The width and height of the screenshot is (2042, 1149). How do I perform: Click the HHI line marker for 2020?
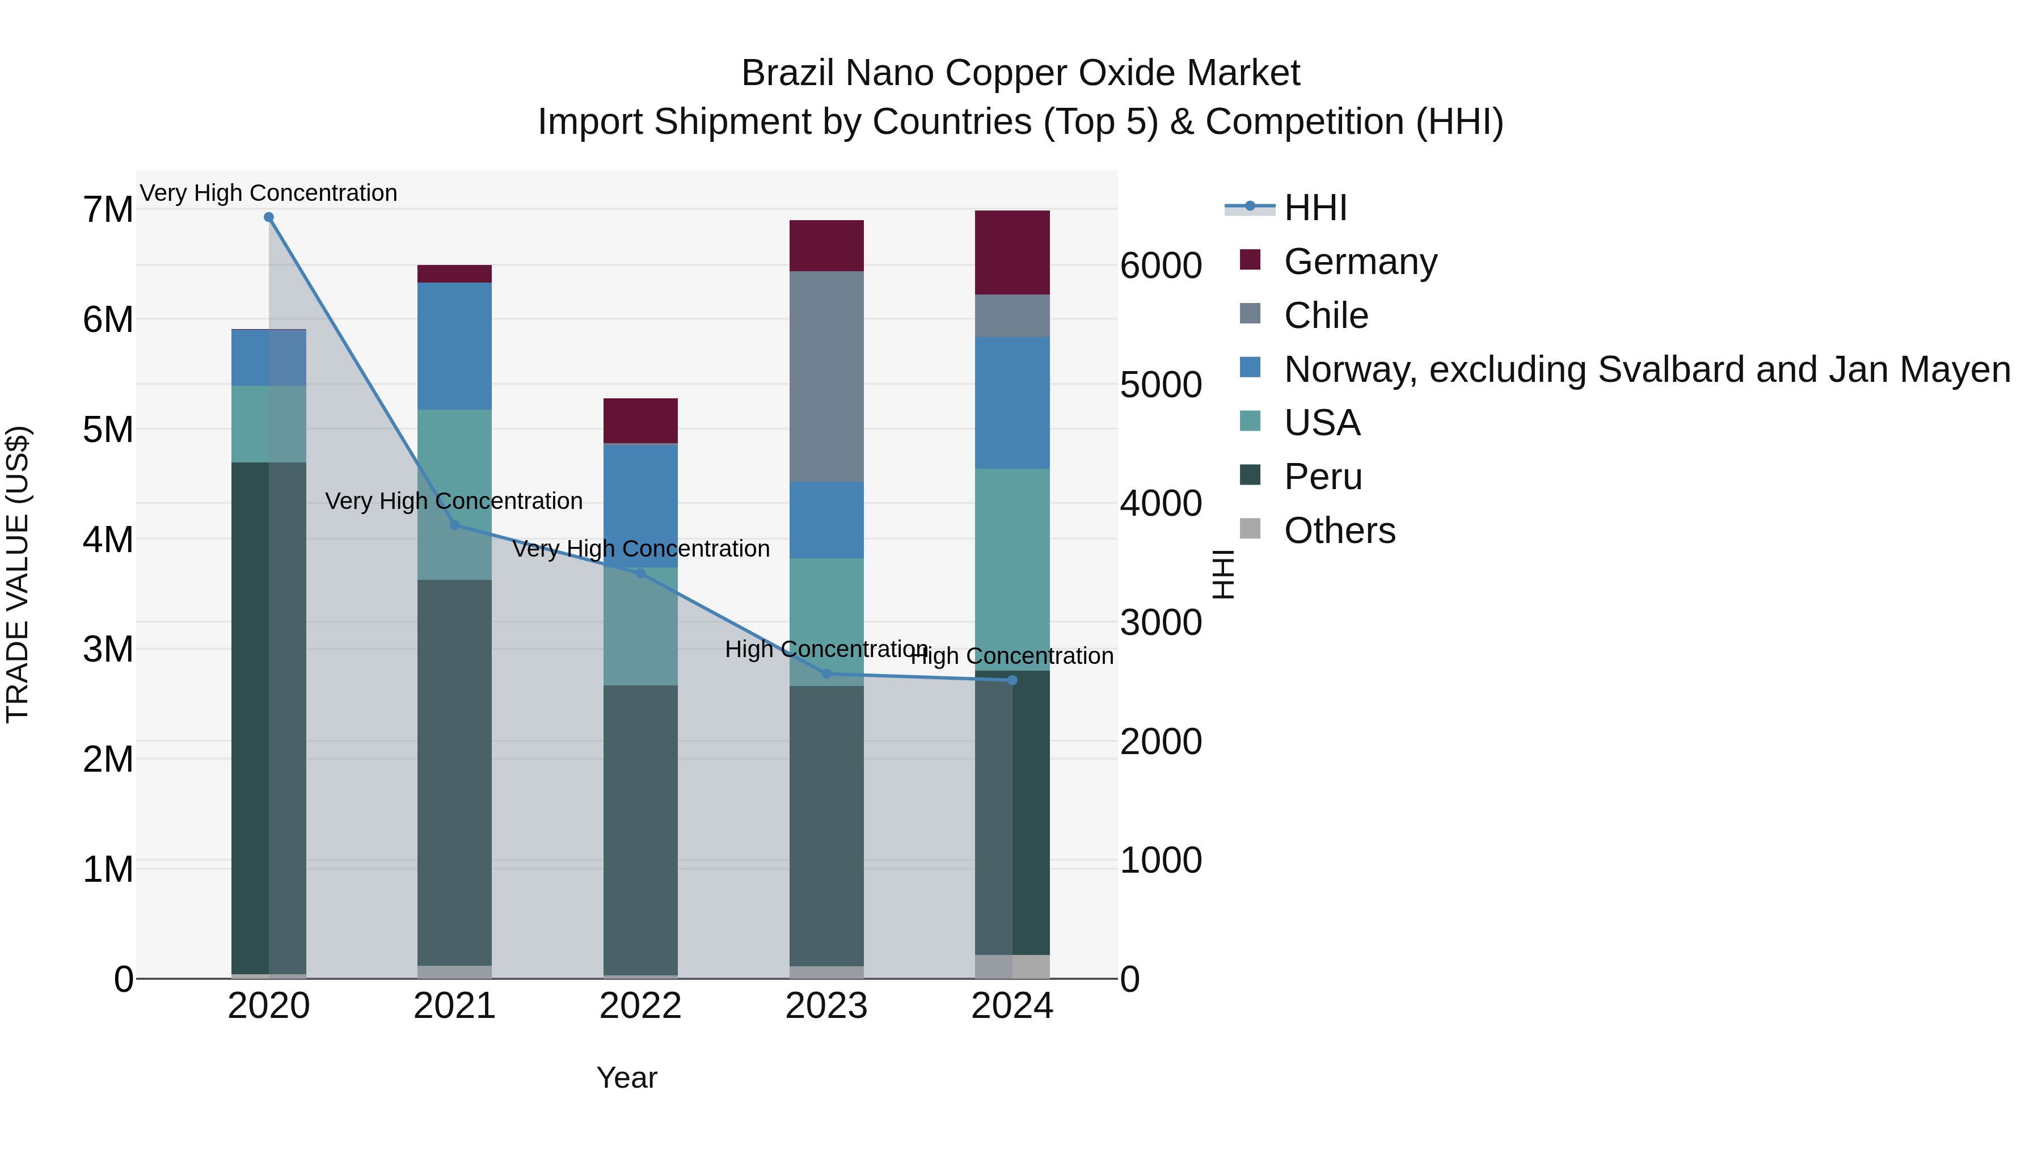[269, 217]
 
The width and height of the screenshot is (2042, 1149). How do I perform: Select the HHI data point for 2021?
[455, 525]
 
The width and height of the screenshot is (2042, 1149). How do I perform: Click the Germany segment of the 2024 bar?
[1012, 252]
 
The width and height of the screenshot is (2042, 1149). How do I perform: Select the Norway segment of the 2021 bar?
[455, 346]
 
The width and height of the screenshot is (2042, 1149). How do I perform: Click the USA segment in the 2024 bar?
[1012, 569]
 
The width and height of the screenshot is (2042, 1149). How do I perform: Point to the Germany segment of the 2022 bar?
[640, 420]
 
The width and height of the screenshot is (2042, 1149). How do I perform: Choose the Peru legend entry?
[1322, 477]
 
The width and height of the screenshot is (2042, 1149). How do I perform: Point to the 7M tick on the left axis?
[108, 210]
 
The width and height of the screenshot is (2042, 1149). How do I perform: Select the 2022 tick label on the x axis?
[640, 1006]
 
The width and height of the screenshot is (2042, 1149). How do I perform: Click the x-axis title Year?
[626, 1078]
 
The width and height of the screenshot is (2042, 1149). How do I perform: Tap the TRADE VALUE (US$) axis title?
[18, 574]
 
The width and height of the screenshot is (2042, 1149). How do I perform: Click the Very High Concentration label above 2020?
[269, 193]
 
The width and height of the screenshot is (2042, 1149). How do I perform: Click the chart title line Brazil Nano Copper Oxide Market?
[1020, 73]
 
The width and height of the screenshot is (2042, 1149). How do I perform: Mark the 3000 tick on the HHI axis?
[1161, 622]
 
